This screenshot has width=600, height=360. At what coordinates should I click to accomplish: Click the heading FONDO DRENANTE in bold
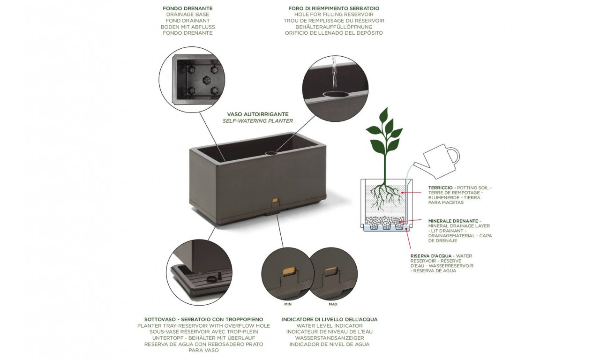tap(187, 8)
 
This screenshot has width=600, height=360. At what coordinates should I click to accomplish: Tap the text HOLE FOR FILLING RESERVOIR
tap(334, 15)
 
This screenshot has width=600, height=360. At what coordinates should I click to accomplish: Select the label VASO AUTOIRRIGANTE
tap(258, 114)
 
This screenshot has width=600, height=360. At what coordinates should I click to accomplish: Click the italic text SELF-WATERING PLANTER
tap(258, 121)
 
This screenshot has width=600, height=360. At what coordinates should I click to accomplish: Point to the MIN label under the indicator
tap(288, 304)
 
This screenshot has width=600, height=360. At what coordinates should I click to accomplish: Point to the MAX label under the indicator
tap(333, 304)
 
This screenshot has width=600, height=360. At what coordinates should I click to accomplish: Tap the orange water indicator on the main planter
tap(275, 200)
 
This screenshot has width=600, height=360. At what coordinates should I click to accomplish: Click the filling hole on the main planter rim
tap(271, 153)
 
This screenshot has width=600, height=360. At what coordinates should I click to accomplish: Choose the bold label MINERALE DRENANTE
tap(453, 221)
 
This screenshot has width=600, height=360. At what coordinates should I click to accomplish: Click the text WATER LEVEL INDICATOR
tap(330, 326)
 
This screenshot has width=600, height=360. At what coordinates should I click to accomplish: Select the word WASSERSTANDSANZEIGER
tap(330, 338)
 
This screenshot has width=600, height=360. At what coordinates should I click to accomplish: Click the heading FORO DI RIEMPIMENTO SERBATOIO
tap(334, 8)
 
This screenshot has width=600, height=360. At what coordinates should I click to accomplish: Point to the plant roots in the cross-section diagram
tap(385, 196)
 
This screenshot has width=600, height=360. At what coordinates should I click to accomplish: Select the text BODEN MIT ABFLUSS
tap(188, 27)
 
